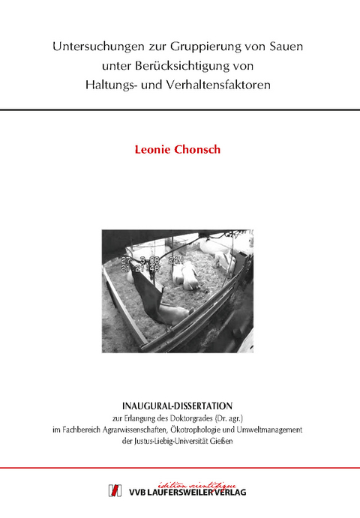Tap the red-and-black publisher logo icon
tap(115, 490)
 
